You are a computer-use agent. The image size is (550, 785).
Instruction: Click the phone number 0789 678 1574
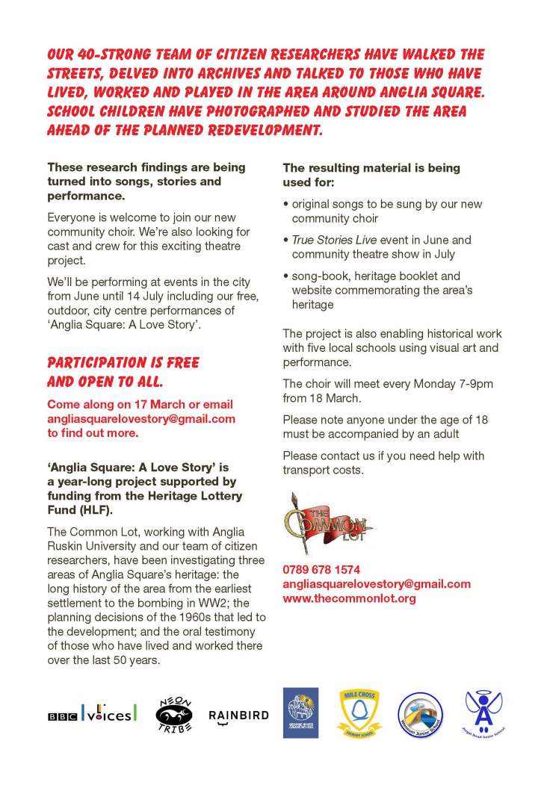point(321,569)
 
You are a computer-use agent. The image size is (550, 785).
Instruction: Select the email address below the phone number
point(377,584)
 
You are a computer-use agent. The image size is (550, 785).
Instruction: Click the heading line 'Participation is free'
point(123,363)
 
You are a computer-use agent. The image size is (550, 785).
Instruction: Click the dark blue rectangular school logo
point(300,713)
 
